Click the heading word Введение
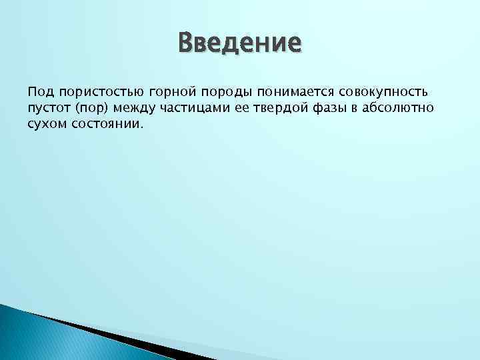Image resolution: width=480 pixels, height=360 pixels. (239, 43)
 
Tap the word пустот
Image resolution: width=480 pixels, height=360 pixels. (47, 107)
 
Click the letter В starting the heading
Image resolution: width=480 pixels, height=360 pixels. (187, 43)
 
